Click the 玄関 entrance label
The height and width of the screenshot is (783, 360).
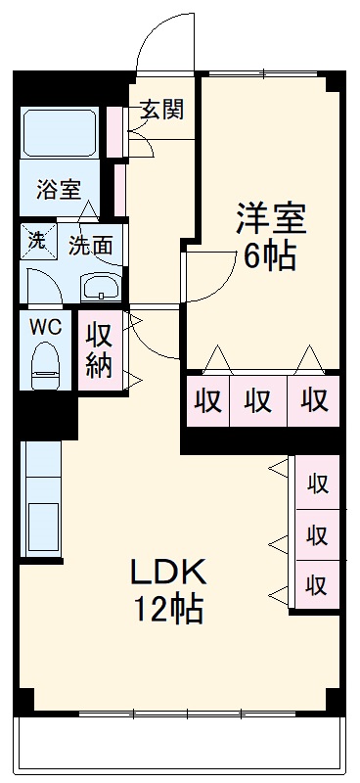[x=160, y=110]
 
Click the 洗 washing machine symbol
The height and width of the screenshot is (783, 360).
[x=36, y=240]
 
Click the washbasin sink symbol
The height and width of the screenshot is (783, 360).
[x=100, y=288]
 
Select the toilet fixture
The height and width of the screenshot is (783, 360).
[x=45, y=364]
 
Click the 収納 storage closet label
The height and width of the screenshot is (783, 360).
[x=101, y=350]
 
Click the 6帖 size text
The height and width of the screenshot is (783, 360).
[x=270, y=257]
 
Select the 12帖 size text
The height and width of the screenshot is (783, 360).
[x=168, y=609]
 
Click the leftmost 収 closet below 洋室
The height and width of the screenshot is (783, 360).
[x=205, y=400]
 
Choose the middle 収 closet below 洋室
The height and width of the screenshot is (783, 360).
[x=258, y=400]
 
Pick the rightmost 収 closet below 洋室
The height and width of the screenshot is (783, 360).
[x=313, y=400]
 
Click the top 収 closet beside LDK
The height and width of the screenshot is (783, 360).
[x=316, y=483]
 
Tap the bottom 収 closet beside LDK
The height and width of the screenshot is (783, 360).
[x=316, y=586]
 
